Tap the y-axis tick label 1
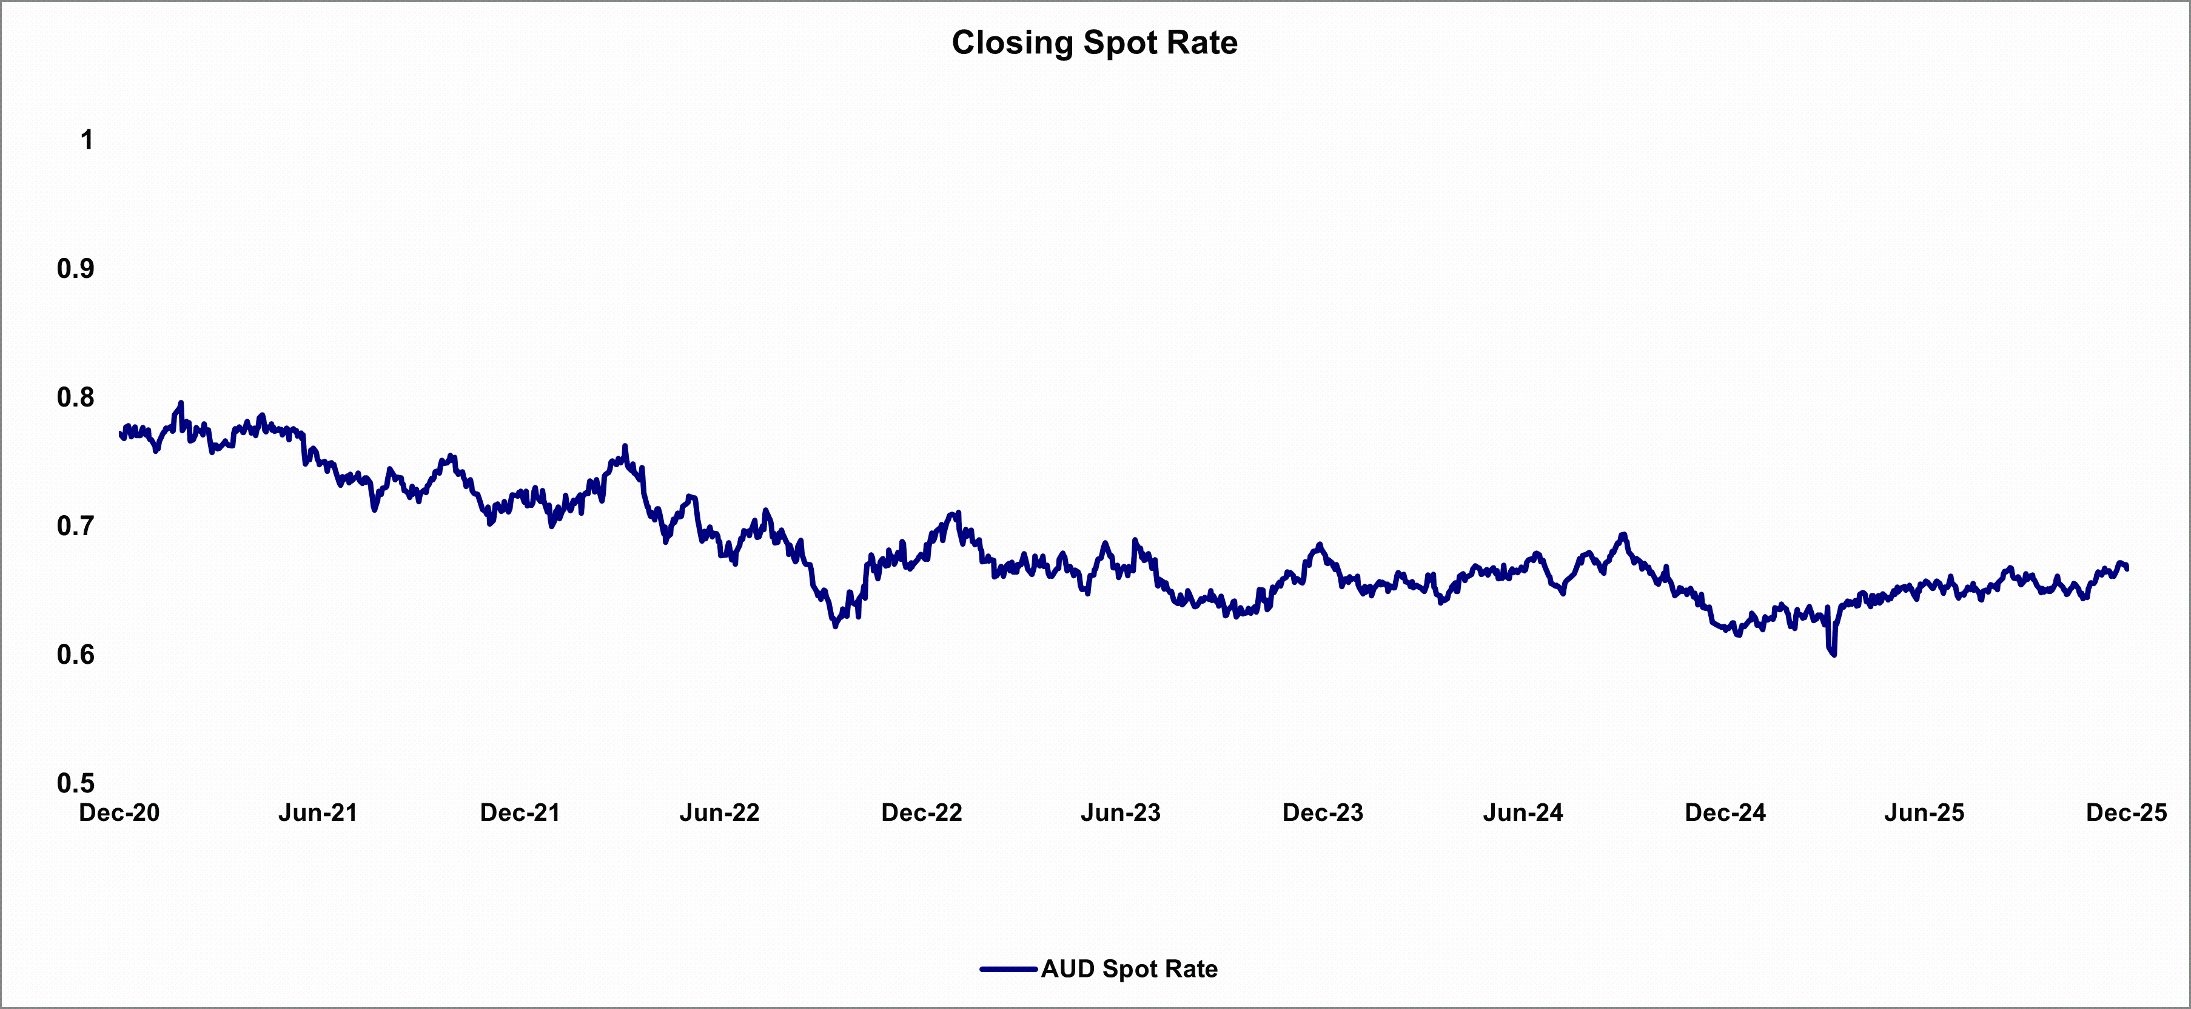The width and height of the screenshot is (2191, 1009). click(87, 140)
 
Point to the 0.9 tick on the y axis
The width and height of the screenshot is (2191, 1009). click(76, 269)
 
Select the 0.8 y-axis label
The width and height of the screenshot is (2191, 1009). click(76, 397)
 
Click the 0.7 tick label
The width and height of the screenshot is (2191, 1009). click(76, 526)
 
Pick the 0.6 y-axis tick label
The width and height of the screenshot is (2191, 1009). click(76, 654)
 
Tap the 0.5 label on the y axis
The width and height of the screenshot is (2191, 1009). click(76, 783)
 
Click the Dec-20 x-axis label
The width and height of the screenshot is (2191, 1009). click(119, 812)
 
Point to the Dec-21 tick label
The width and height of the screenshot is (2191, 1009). click(520, 812)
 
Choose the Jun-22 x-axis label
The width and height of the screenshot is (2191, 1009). click(720, 812)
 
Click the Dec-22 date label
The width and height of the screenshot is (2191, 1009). click(922, 812)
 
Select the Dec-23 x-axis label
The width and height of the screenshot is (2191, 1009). click(1323, 812)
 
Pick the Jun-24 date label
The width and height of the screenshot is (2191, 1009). click(1523, 812)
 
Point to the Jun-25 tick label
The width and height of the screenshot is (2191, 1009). click(1925, 812)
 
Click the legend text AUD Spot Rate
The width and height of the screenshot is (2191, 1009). click(1130, 969)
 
